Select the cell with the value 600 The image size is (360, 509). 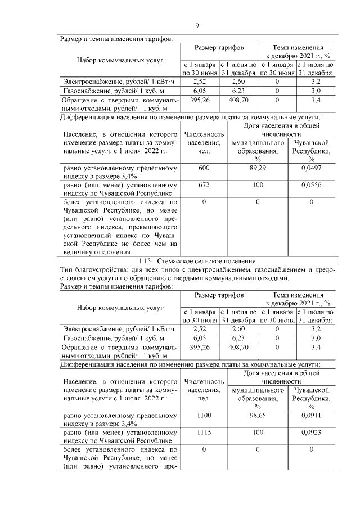tap(204, 168)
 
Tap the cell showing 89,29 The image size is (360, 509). tap(256, 168)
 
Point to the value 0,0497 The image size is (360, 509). tap(311, 168)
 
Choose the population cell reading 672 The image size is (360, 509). tap(204, 184)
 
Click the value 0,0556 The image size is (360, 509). tap(311, 184)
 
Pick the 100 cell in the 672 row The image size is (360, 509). tap(256, 184)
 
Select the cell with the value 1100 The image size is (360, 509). tap(204, 416)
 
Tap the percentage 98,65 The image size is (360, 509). tap(256, 416)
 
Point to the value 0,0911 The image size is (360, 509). tap(311, 416)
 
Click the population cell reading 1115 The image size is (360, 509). tap(204, 434)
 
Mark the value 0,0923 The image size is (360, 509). tap(311, 434)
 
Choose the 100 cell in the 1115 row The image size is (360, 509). tap(256, 434)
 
